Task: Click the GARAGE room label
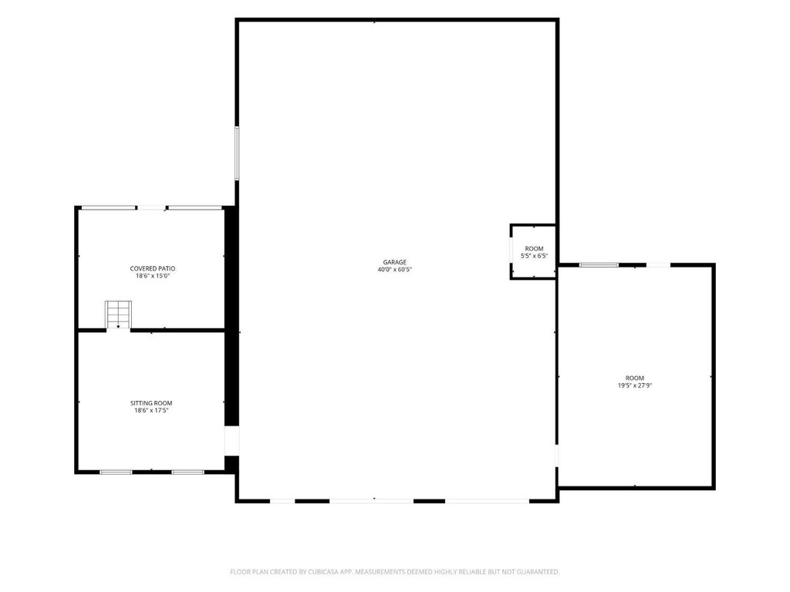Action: [x=394, y=262]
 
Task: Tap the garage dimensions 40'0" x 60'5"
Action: [x=394, y=270]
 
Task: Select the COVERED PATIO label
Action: [x=153, y=269]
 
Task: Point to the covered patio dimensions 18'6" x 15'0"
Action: [x=153, y=277]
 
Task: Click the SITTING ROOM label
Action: [x=151, y=403]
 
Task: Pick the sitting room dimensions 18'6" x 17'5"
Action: [x=151, y=411]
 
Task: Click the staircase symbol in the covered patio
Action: [x=118, y=314]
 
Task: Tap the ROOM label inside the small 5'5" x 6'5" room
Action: [x=534, y=249]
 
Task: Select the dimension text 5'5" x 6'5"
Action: [x=534, y=256]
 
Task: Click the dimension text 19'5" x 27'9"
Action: [x=635, y=386]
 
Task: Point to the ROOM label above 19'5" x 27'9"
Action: [x=635, y=378]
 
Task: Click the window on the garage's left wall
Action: [x=237, y=153]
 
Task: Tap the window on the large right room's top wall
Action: [x=599, y=265]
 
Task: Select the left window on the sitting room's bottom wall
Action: [x=116, y=473]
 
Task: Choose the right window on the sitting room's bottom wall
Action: [x=188, y=473]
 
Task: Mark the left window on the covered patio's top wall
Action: [x=108, y=207]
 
